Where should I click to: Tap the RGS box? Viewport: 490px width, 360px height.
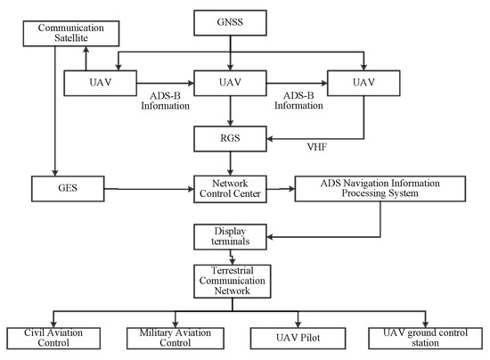[231, 138]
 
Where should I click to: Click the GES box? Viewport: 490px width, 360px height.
[57, 188]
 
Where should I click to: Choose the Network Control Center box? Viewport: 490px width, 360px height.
[231, 188]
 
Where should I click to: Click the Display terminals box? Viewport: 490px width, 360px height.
[231, 237]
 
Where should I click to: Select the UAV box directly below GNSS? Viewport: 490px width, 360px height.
[231, 82]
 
